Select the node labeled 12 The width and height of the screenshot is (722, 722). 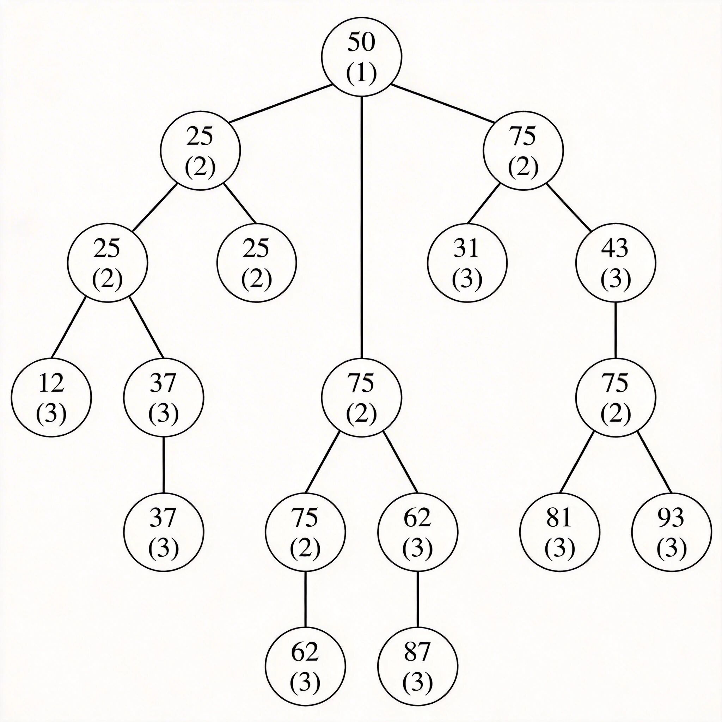tap(51, 397)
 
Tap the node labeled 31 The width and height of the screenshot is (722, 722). tap(467, 263)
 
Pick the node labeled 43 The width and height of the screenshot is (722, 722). tap(616, 263)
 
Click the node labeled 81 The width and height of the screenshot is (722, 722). tap(559, 532)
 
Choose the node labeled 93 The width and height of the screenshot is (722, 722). tap(672, 532)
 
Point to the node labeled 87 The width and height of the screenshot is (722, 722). tap(417, 666)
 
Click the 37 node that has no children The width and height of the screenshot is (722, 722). tap(163, 532)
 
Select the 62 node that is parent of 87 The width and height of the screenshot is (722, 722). tap(417, 532)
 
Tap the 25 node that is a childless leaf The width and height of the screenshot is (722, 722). tap(256, 263)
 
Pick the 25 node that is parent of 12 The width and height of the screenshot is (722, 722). tap(107, 263)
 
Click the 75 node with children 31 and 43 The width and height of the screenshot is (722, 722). tap(523, 151)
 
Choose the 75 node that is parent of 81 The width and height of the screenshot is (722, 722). tap(616, 397)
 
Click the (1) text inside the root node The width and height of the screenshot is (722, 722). tap(361, 74)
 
